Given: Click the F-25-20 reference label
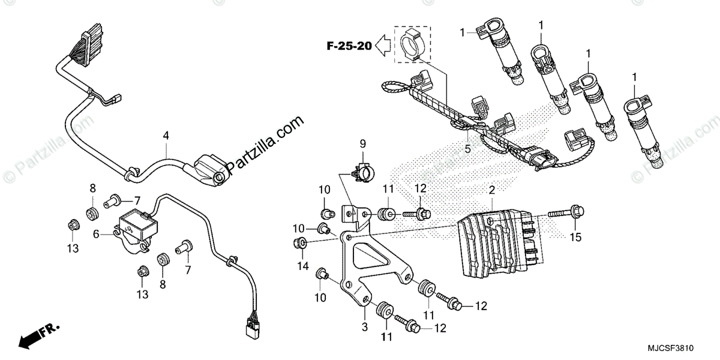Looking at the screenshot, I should (349, 45).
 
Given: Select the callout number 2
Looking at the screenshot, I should (492, 190).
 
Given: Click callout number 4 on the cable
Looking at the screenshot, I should (166, 136).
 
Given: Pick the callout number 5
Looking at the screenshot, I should (468, 149).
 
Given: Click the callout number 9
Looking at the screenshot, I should (362, 143).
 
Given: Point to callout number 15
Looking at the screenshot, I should (575, 238).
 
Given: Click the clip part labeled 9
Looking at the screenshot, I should (362, 172).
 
